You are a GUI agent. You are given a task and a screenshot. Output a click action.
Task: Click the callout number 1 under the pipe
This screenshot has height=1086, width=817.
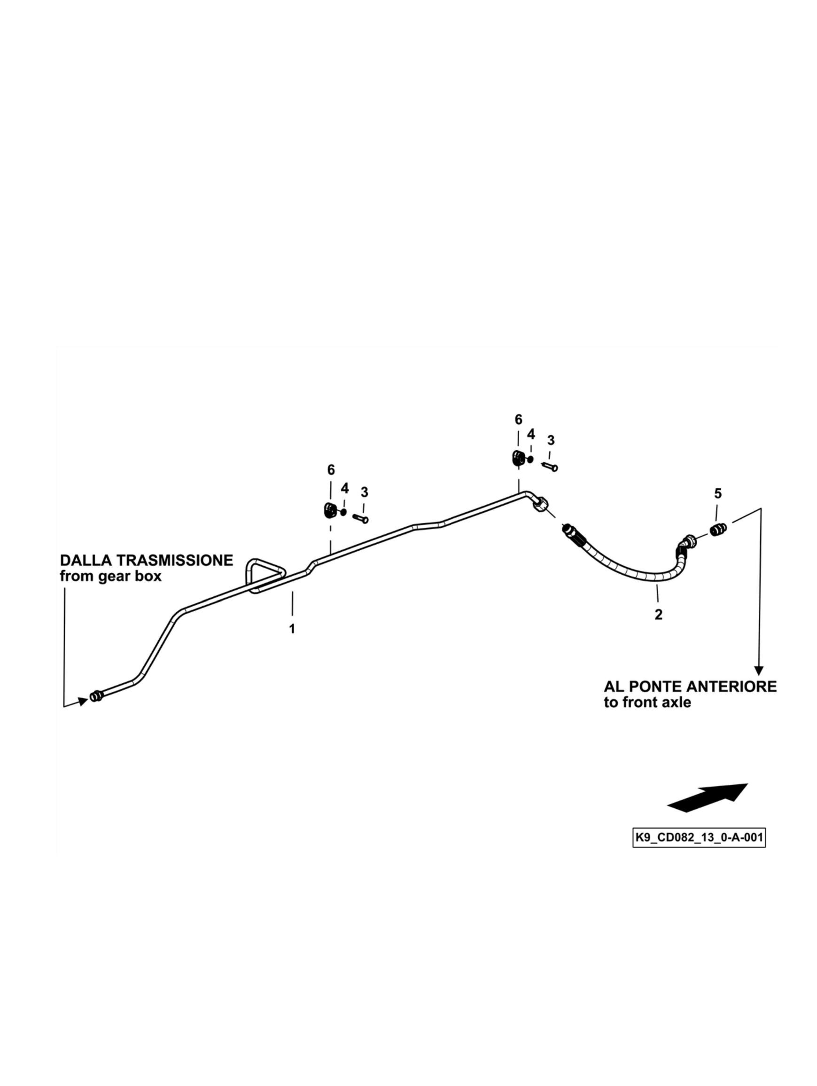[x=291, y=628]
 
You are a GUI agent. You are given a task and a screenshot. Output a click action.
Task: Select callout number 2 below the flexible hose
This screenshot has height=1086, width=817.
[x=658, y=614]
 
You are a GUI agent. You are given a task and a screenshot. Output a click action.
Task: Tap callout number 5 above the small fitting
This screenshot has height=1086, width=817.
[x=717, y=493]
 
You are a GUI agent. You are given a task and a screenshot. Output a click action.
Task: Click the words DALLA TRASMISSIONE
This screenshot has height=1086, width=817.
[x=146, y=560]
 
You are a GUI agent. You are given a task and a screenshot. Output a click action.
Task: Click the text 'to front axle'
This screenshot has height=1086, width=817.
[x=647, y=703]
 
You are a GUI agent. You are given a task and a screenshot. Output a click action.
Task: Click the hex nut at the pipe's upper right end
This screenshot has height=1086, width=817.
[x=540, y=505]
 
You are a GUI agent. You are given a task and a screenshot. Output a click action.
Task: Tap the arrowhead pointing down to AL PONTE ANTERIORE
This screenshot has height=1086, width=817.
[x=759, y=670]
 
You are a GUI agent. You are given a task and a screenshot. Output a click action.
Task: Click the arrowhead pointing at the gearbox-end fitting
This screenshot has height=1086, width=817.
[x=84, y=701]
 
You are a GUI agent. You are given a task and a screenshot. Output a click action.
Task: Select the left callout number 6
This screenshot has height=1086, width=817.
[x=331, y=470]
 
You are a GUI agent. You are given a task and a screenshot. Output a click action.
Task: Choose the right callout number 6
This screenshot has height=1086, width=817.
[x=518, y=419]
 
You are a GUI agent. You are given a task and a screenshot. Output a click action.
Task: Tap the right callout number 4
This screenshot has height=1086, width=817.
[x=530, y=434]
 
